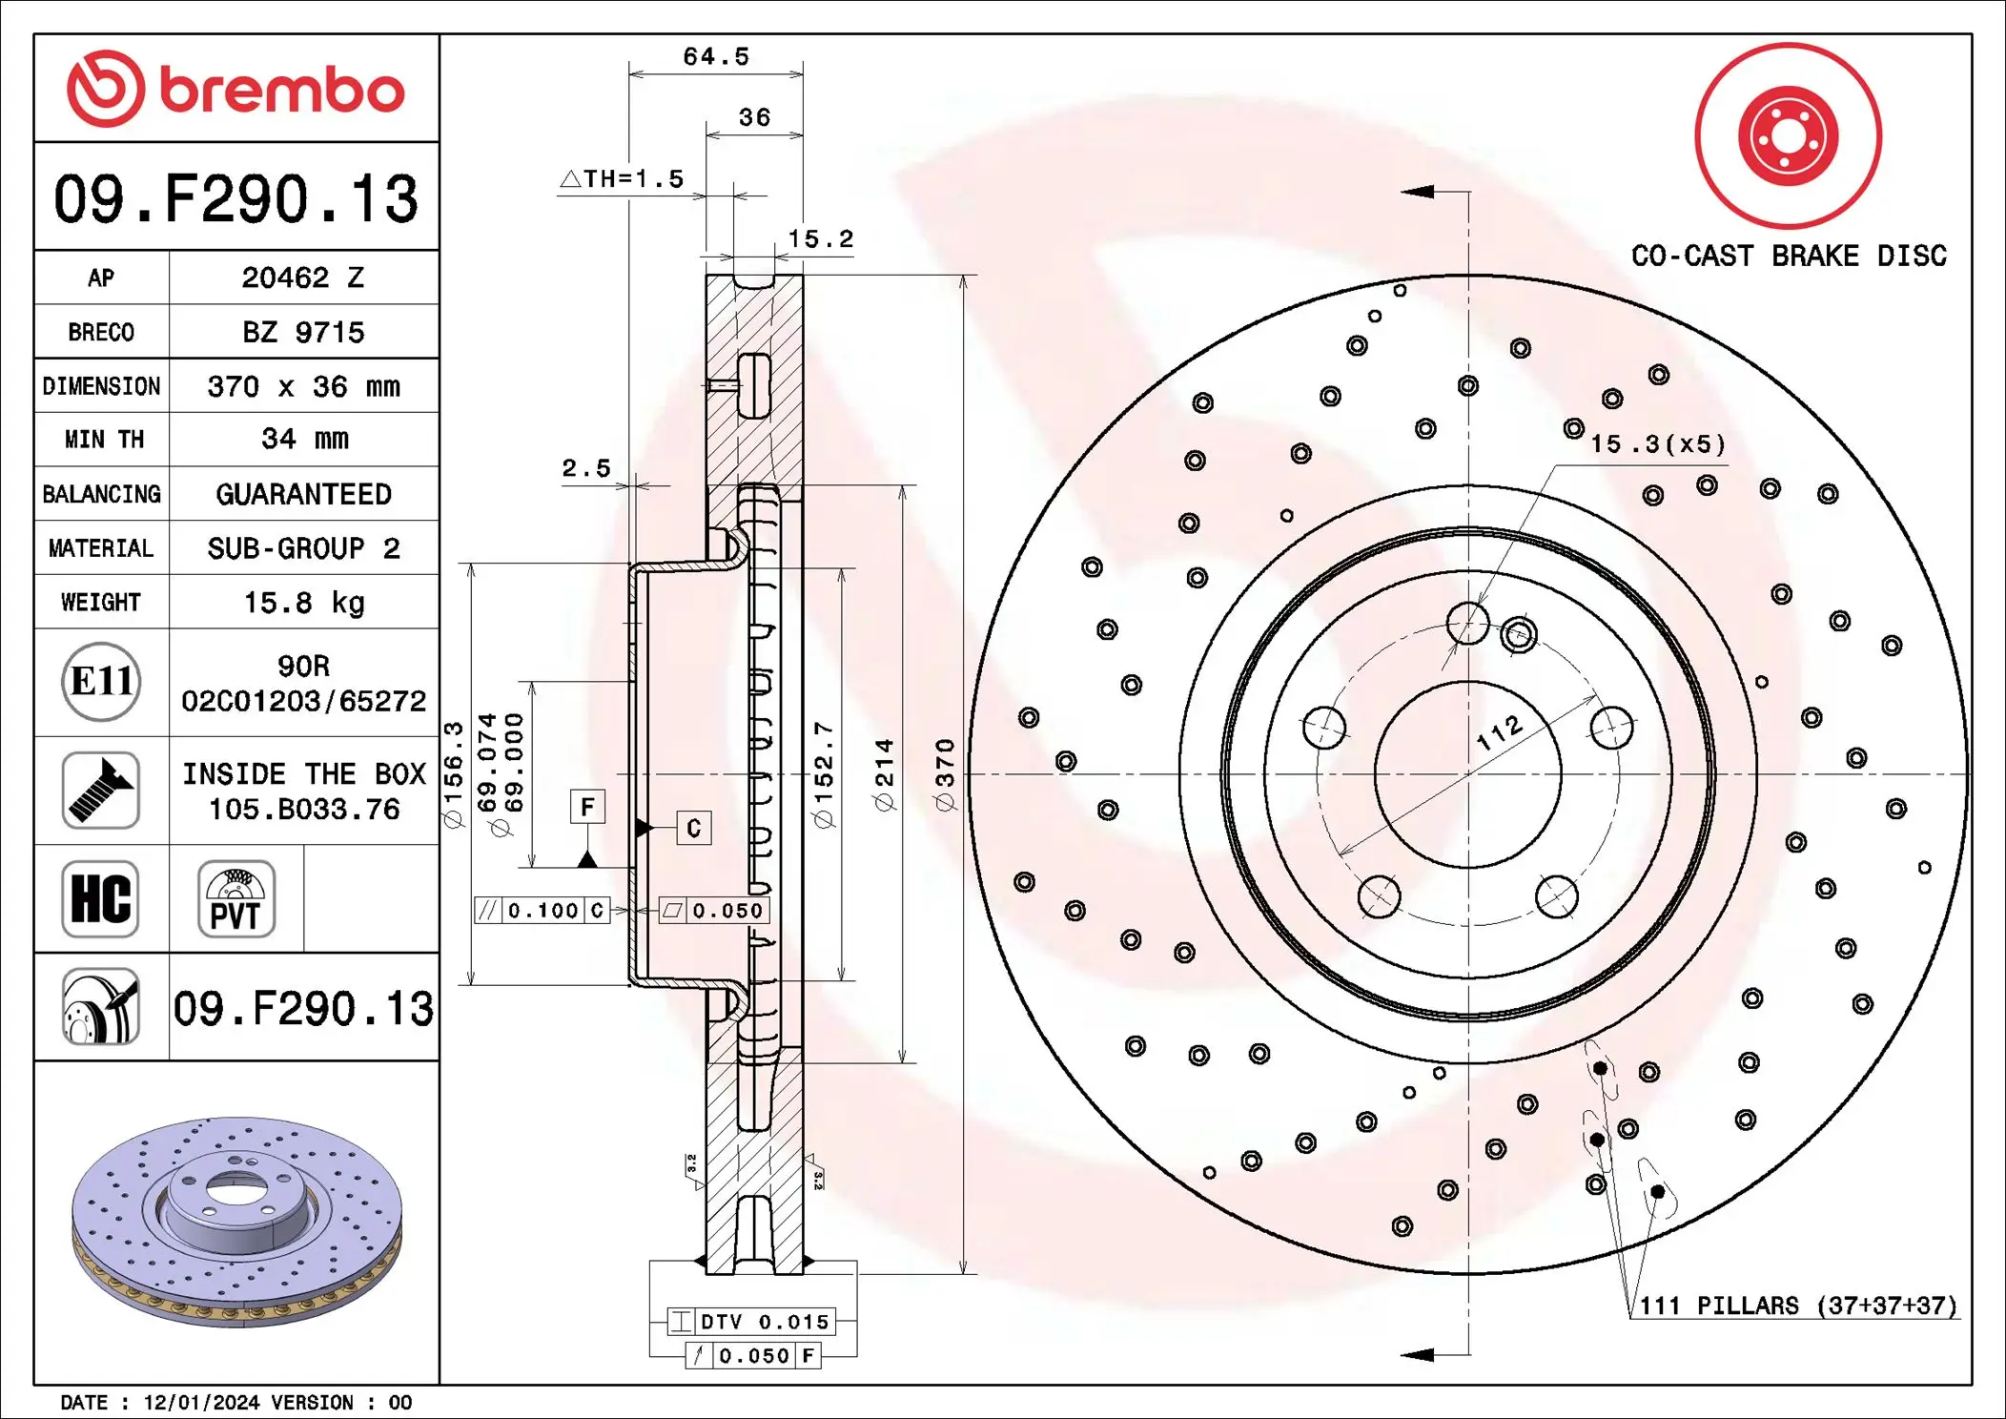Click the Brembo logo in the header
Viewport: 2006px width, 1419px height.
pos(235,89)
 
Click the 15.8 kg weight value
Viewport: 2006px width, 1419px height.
pos(303,603)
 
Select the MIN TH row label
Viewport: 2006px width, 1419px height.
pos(103,440)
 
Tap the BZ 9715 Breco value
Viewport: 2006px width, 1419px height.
pos(303,332)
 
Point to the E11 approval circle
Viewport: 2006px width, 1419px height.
pos(101,682)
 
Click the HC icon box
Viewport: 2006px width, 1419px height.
pos(101,898)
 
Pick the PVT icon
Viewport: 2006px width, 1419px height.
pos(236,898)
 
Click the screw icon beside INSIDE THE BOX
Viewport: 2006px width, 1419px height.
pos(101,791)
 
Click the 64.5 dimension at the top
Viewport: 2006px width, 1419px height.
pos(716,56)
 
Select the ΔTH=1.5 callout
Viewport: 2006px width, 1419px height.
pos(622,179)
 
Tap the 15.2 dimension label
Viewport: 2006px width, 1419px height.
pos(820,239)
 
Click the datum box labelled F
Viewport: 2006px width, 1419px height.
pos(587,807)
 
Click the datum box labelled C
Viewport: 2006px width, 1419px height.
pos(693,828)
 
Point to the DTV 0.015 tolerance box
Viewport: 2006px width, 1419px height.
pos(751,1322)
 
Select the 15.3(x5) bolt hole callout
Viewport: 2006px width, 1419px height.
pos(1657,444)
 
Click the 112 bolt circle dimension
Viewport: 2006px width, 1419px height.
pos(1499,732)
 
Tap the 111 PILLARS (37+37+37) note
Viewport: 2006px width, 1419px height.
pos(1797,1306)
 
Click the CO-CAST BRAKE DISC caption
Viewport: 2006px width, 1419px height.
pos(1788,256)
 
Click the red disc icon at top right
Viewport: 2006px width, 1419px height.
pos(1788,135)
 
